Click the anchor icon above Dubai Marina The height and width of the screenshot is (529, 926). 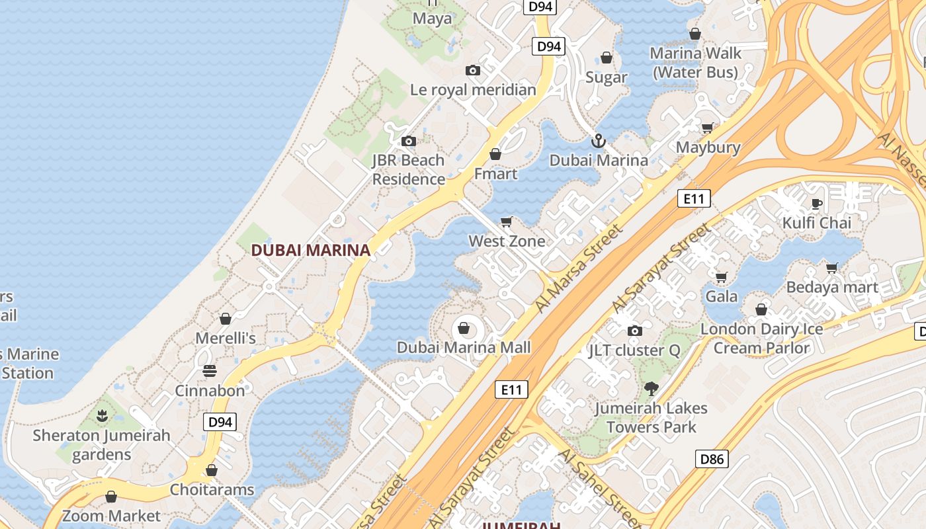point(598,141)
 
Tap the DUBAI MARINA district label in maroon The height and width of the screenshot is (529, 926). point(310,250)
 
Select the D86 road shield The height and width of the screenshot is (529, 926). point(712,459)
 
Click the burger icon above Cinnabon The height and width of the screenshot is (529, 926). point(210,371)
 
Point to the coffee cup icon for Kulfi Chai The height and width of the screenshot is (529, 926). point(817,204)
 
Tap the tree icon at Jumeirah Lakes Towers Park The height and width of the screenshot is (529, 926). point(651,389)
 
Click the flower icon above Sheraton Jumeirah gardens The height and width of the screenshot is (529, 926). point(102,416)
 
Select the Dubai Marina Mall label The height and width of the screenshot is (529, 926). point(464,347)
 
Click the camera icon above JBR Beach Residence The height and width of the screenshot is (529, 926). point(409,141)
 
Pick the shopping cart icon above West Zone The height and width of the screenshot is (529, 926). point(507,222)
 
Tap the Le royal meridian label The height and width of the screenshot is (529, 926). point(473,89)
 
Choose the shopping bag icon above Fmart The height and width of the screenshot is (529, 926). point(495,154)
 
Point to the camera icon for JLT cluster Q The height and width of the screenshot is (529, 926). point(634,331)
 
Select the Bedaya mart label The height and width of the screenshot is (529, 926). point(831,287)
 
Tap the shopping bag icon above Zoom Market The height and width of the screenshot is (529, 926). point(111,496)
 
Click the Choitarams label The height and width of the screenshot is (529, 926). point(212,489)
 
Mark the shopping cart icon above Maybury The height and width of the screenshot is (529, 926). point(708,128)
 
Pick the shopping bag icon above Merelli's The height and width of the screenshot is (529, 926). point(226,319)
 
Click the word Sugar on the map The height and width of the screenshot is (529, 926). point(606,77)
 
